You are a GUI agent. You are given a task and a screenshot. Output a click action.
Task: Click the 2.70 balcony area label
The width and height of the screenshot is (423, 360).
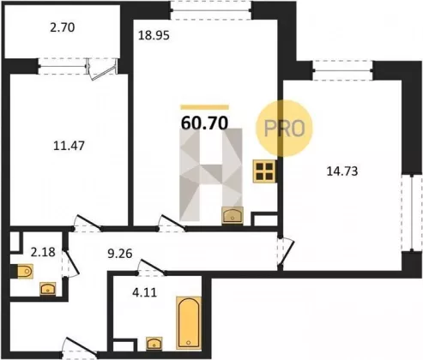coord(63,27)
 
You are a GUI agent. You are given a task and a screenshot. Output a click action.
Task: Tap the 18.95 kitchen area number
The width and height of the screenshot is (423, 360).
coord(154,36)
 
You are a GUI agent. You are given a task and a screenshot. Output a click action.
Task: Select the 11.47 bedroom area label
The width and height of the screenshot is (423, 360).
coord(69,146)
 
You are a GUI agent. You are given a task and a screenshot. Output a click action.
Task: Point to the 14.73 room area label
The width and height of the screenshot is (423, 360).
coord(342,171)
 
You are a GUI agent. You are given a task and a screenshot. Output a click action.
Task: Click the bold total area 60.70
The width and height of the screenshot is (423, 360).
coord(205,123)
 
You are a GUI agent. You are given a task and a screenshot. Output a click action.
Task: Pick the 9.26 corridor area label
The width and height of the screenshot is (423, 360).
coord(120,254)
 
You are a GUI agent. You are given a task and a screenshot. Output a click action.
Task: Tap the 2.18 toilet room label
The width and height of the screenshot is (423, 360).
coord(43,252)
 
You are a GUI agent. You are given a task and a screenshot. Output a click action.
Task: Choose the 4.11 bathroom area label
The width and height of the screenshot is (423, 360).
coord(145,292)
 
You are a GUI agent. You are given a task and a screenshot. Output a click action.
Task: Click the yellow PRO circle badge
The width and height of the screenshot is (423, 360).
coord(284,129)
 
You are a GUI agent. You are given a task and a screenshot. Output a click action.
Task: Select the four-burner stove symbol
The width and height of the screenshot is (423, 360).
coord(264,171)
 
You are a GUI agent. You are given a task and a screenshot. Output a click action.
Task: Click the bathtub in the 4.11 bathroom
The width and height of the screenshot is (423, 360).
coord(189,323)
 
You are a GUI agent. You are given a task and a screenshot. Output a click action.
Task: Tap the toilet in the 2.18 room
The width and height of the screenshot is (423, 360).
coord(24,271)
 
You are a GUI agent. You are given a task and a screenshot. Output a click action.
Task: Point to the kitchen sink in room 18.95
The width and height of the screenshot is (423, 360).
coord(233,215)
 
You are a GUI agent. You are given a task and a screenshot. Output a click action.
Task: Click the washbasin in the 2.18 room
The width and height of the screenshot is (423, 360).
coord(48,289)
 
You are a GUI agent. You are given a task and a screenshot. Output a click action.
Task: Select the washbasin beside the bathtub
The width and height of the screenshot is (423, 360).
coord(154,344)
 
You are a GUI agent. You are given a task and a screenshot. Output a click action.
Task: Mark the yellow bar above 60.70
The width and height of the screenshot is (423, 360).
coord(205,107)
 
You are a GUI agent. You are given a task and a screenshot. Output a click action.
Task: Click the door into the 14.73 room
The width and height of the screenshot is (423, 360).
coord(286,251)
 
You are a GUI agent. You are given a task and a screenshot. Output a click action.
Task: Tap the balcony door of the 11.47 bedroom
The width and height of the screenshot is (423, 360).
coord(102,69)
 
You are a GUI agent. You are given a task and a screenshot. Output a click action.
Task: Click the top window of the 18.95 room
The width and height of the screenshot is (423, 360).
coord(211,10)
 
